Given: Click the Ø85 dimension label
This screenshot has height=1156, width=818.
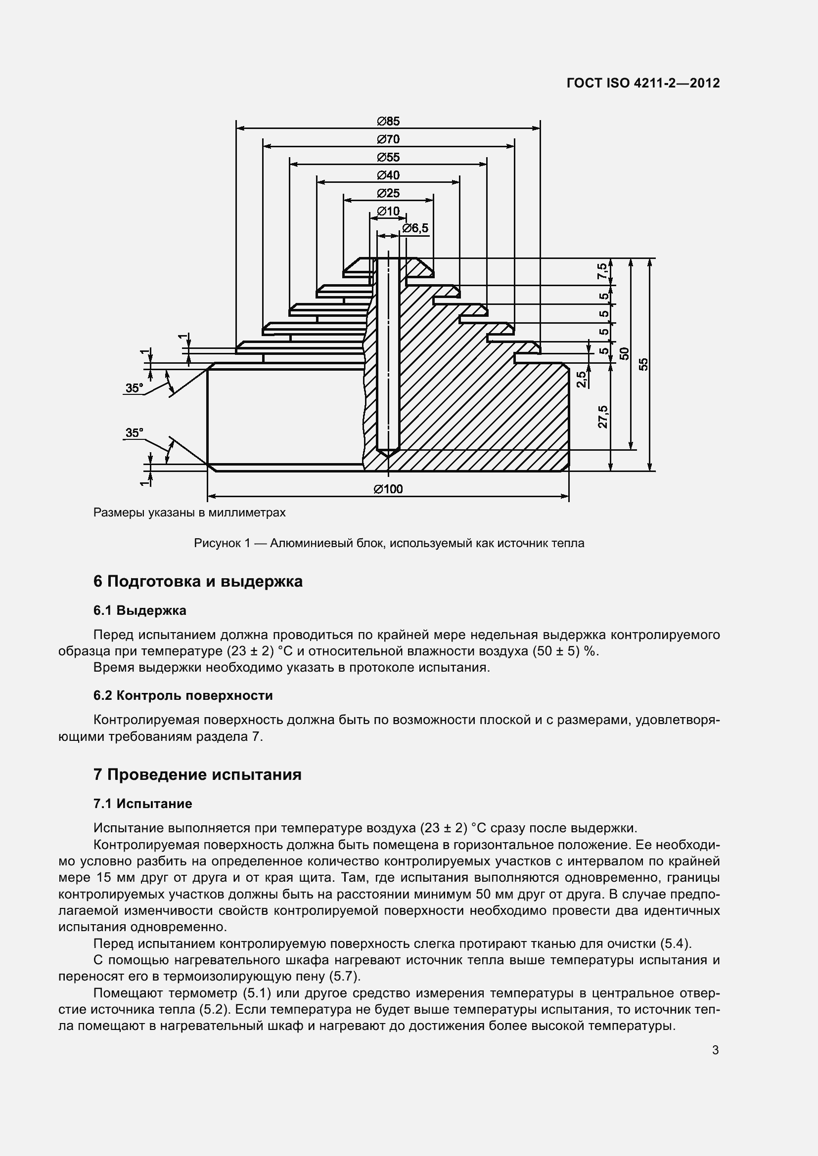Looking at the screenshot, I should point(388,122).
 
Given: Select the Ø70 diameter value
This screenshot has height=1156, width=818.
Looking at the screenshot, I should point(388,139).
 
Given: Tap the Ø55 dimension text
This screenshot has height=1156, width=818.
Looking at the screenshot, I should point(388,158).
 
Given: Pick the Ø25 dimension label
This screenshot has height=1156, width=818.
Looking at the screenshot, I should point(388,193).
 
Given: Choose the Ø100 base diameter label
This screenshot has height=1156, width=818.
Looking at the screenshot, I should point(388,489).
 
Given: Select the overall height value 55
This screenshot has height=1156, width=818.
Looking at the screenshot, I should point(644,364).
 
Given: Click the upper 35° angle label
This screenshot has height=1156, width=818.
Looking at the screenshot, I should point(134,388).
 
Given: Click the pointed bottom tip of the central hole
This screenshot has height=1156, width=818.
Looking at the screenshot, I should point(388,456).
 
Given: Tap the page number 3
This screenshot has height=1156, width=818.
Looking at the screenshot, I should point(715,1050).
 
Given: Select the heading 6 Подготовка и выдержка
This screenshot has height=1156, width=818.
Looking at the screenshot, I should point(198,582).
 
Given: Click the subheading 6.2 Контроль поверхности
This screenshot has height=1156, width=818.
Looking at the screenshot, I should point(183,696).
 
